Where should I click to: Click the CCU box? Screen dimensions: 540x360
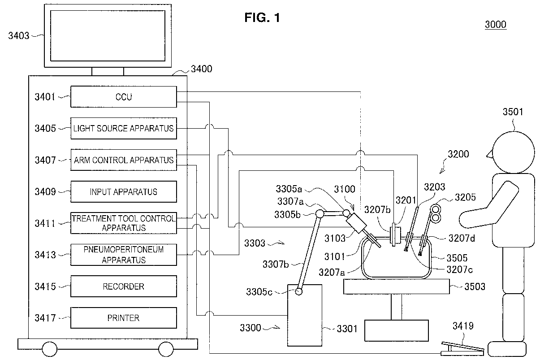tap(123, 97)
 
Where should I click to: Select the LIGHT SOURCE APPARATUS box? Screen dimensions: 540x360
tap(123, 128)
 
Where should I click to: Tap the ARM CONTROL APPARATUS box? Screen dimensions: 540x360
tap(123, 160)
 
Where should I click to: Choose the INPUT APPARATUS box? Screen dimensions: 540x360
tap(123, 192)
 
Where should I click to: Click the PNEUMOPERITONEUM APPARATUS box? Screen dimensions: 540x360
tap(123, 255)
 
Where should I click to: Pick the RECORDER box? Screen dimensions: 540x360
tap(123, 286)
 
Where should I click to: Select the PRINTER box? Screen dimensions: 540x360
tap(123, 318)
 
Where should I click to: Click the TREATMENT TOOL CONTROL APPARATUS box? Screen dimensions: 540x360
tap(123, 223)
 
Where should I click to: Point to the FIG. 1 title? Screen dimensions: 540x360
tap(262, 17)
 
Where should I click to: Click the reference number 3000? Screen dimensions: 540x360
tap(496, 24)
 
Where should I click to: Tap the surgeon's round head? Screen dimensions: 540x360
tap(513, 152)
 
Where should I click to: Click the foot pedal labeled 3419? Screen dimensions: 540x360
tap(462, 349)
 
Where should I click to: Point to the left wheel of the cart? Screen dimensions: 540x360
tap(50, 349)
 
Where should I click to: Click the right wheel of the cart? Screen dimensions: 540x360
tap(166, 349)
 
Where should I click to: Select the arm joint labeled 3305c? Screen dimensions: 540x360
tap(299, 292)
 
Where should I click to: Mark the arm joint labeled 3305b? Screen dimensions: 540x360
tap(320, 214)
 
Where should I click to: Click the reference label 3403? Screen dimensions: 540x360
tap(18, 36)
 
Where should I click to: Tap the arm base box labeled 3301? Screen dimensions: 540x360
tap(305, 315)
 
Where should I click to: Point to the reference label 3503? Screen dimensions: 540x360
tap(475, 286)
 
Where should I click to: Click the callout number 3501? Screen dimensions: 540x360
tap(513, 112)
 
